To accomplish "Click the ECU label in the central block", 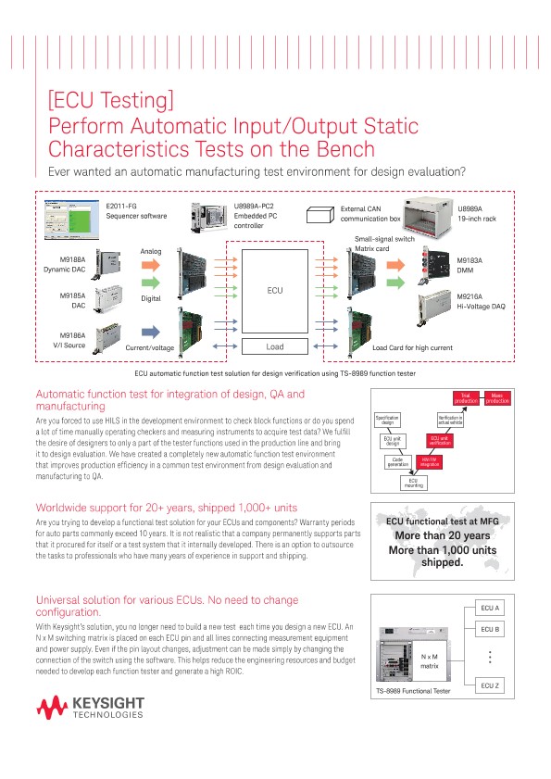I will [x=275, y=290].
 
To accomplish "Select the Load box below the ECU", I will [x=275, y=346].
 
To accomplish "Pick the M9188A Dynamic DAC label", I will [x=64, y=264].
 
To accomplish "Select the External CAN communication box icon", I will [x=319, y=215].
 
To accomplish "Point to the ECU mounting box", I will [x=413, y=482].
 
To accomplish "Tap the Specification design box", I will [x=387, y=420].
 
